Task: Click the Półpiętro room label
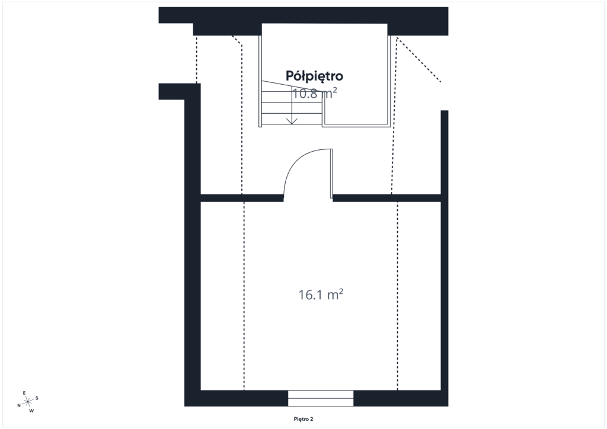pyautogui.click(x=314, y=76)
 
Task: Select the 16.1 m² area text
pyautogui.click(x=321, y=294)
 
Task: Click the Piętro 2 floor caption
pyautogui.click(x=303, y=419)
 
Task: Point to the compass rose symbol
pyautogui.click(x=28, y=402)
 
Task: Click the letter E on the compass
pyautogui.click(x=24, y=393)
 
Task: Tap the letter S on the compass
pyautogui.click(x=37, y=398)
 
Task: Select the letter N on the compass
pyautogui.click(x=18, y=406)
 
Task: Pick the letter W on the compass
pyautogui.click(x=32, y=411)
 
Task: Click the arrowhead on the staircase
pyautogui.click(x=292, y=121)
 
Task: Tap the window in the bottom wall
pyautogui.click(x=321, y=398)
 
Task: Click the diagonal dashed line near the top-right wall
pyautogui.click(x=418, y=60)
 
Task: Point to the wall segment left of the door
pyautogui.click(x=242, y=198)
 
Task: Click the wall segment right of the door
pyautogui.click(x=386, y=198)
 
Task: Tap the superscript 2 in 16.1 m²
pyautogui.click(x=340, y=291)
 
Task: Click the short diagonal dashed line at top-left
pyautogui.click(x=237, y=40)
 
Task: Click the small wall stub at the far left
pyautogui.click(x=171, y=92)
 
